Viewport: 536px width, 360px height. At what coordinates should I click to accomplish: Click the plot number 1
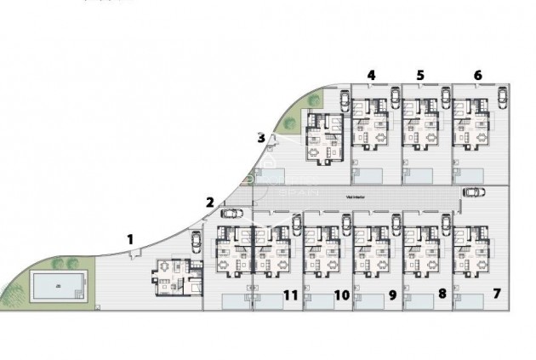click(x=130, y=239)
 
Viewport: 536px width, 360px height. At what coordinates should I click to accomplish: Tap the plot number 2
click(x=209, y=202)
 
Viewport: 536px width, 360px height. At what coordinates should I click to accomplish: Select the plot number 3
click(x=260, y=137)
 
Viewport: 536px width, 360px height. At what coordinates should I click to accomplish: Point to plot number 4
click(x=371, y=75)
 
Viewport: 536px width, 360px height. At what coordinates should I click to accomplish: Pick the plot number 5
click(x=420, y=75)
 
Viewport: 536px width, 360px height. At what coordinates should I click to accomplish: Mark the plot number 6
click(x=477, y=75)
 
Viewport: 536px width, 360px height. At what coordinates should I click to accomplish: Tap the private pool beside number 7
click(x=470, y=302)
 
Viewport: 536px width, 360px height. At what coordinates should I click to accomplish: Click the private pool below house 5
click(x=421, y=176)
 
